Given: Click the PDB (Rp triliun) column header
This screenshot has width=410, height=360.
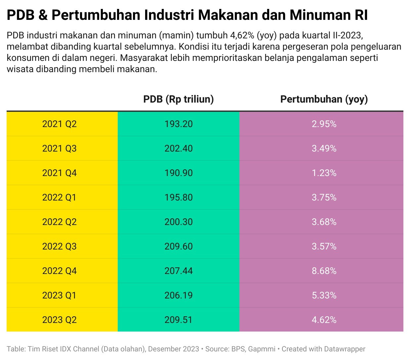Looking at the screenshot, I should [x=179, y=99].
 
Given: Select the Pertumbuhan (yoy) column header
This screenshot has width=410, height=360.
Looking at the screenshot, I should [x=324, y=99].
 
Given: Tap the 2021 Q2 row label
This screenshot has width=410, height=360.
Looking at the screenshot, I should [x=60, y=124].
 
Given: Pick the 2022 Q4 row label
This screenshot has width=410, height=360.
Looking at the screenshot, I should [x=60, y=271].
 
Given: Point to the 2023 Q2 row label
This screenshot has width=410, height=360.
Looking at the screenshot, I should [x=60, y=320].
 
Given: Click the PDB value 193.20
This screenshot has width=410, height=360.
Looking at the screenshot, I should [x=179, y=124].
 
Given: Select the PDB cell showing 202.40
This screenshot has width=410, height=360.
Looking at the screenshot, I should [x=179, y=149].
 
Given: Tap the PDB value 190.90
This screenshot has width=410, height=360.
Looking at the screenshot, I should [x=179, y=173].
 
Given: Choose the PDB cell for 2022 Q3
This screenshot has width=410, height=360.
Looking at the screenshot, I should [x=179, y=247].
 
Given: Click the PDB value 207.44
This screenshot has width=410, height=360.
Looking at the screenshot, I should [x=179, y=271].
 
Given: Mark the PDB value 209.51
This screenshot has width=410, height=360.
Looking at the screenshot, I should [x=179, y=320].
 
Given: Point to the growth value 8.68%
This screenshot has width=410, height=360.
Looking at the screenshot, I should [x=324, y=271].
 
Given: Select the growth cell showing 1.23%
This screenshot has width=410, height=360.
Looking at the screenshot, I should [x=324, y=173].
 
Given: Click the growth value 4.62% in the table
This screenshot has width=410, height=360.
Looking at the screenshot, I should [x=324, y=320].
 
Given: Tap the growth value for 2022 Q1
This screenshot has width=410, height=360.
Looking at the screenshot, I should [x=324, y=198].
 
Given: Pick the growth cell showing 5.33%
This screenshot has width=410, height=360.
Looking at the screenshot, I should [x=324, y=295].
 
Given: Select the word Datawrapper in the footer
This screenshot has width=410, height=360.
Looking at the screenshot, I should [x=345, y=349].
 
